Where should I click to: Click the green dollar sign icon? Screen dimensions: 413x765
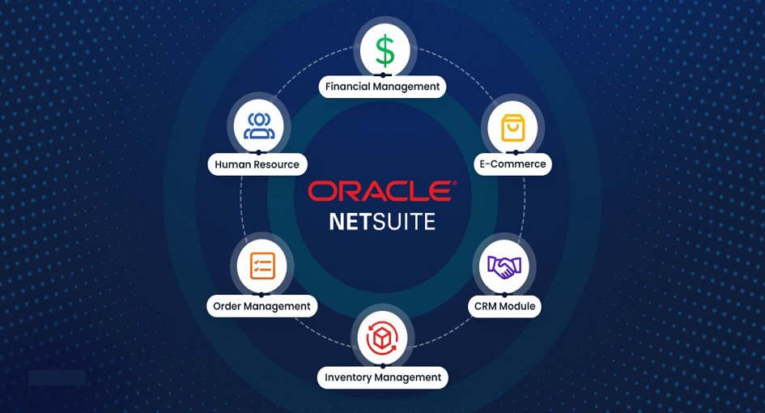pos(385,50)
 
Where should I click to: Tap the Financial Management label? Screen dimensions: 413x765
pos(382,87)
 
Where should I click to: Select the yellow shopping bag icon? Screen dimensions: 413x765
pos(512,128)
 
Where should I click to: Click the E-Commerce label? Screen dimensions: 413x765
pos(512,164)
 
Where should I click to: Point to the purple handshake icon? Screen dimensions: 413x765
pos(504,267)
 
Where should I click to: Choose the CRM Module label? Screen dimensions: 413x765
pos(504,306)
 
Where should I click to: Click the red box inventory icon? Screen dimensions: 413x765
pos(382,338)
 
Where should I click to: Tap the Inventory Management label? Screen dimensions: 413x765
pos(383,377)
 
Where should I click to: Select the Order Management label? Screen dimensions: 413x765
pos(261,306)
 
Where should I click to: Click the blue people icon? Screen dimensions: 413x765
pos(258,126)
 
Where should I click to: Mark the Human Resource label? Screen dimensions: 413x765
pos(257,164)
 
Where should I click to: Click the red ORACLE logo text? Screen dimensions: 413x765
pos(382,191)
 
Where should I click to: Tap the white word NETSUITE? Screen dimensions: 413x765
pos(382,221)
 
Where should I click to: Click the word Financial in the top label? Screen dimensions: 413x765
pos(347,87)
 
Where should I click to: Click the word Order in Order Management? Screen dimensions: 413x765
pos(227,306)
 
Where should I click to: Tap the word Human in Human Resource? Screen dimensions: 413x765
pos(232,164)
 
